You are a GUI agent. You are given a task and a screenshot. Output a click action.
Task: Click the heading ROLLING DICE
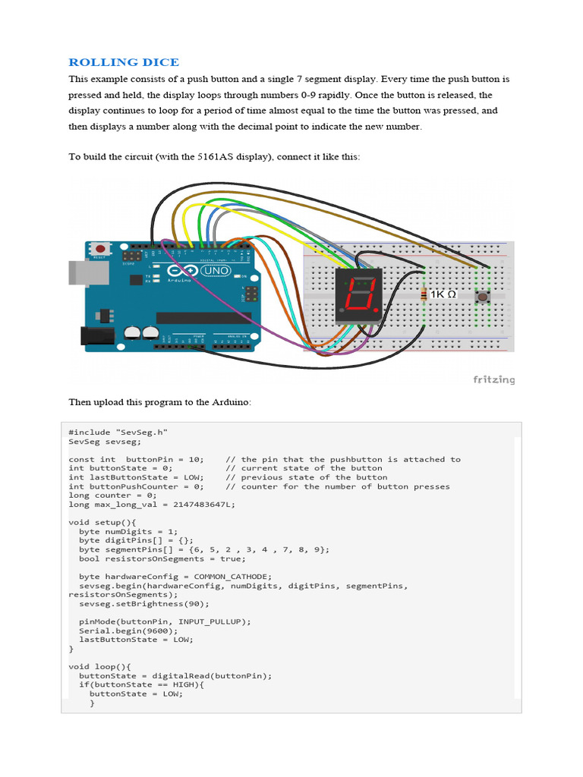124,62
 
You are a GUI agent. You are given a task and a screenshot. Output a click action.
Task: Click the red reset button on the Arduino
99,248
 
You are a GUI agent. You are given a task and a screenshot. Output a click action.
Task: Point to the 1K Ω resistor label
443,294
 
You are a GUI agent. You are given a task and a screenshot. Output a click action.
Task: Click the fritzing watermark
494,379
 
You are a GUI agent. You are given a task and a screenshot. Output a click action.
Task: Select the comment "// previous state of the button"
307,477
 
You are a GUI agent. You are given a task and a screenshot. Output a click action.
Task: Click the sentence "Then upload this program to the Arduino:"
159,401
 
